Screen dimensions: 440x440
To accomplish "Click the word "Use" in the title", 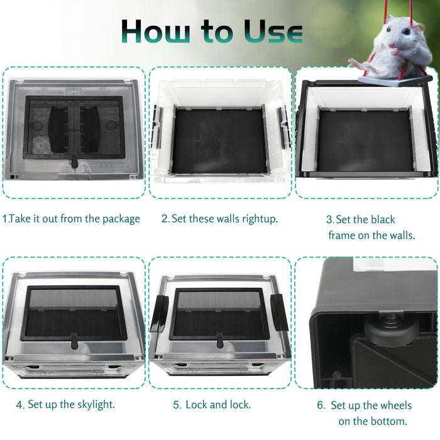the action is [x=273, y=31].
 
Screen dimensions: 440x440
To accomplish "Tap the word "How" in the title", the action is [x=156, y=31].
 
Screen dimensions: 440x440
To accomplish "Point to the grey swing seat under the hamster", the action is [x=395, y=80].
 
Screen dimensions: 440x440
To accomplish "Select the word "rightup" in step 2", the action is [x=259, y=219].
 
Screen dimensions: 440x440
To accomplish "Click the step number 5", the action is [x=176, y=405].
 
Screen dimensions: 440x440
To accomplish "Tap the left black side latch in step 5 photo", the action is [x=160, y=314].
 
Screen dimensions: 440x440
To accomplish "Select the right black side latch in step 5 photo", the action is [x=280, y=312].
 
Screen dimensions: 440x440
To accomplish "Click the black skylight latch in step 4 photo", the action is [x=74, y=341].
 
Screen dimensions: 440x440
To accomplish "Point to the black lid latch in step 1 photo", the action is [x=74, y=161].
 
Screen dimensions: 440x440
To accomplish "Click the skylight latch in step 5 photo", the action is [x=220, y=341].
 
